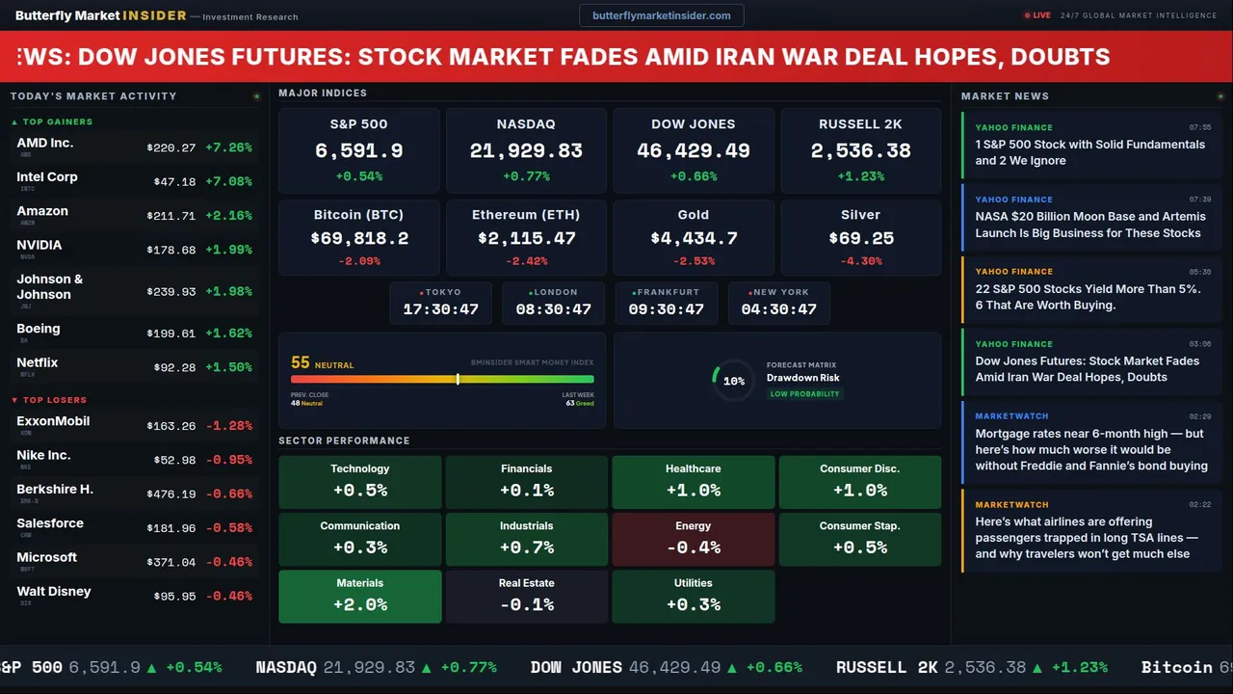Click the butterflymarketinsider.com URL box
tap(662, 15)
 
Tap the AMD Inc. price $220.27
tap(171, 147)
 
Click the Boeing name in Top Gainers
tap(39, 329)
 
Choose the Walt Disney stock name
tap(54, 591)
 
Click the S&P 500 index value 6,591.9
tap(359, 151)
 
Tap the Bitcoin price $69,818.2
tap(359, 238)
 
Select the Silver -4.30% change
tap(860, 261)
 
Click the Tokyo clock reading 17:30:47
tap(441, 309)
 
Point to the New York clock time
tap(778, 309)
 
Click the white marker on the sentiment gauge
tap(458, 379)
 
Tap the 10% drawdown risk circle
tap(733, 381)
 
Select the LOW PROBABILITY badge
tap(804, 394)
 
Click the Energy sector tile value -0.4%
tap(694, 547)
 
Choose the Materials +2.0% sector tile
tap(360, 596)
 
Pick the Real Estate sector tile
tap(527, 596)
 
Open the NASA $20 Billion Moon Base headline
tap(1089, 225)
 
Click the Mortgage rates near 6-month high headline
tap(1090, 449)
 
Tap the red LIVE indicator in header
tap(1038, 15)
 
